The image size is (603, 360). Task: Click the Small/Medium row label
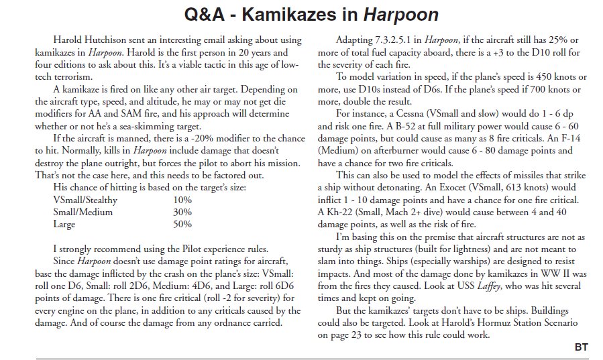[84, 211]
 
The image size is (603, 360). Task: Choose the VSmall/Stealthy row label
[86, 199]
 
